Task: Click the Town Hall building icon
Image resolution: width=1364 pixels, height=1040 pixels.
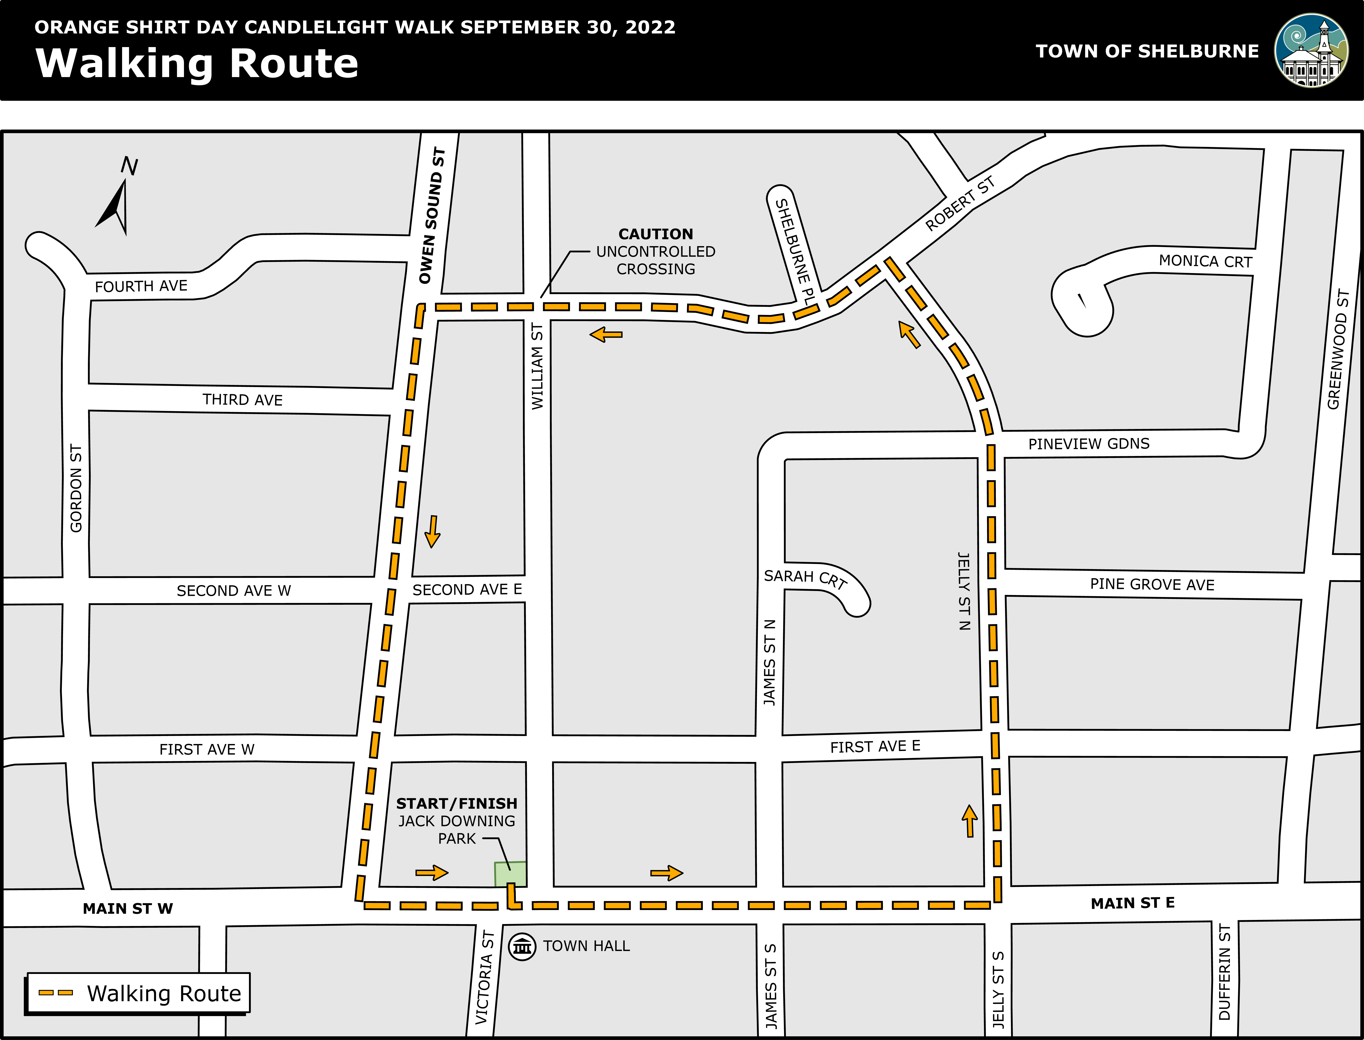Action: (522, 947)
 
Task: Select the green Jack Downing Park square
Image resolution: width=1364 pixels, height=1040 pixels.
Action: (510, 874)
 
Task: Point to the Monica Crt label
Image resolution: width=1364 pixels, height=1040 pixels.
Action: (1205, 261)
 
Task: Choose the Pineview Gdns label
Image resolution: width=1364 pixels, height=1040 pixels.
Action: (1088, 444)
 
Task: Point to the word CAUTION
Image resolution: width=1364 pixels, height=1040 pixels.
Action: (656, 234)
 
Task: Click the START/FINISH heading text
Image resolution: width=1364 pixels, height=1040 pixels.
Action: (456, 804)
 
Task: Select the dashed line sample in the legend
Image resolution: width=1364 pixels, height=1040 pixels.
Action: (56, 993)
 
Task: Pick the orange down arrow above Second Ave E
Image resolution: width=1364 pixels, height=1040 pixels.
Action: (432, 531)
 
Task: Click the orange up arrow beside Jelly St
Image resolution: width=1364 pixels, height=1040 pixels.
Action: (970, 821)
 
